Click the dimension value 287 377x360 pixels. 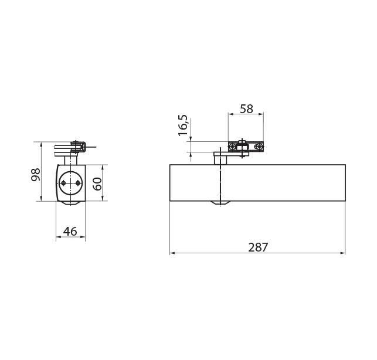pyautogui.click(x=258, y=247)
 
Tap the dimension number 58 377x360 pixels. pyautogui.click(x=246, y=108)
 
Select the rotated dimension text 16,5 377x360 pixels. pyautogui.click(x=183, y=125)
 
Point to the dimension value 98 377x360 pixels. pyautogui.click(x=36, y=175)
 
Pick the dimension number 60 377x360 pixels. pyautogui.click(x=97, y=184)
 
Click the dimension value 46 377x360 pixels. pyautogui.click(x=70, y=232)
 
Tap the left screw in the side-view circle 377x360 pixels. pyautogui.click(x=63, y=184)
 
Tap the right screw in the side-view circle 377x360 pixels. pyautogui.click(x=77, y=184)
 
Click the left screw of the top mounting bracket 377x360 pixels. pyautogui.click(x=232, y=147)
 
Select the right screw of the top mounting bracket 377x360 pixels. pyautogui.click(x=259, y=146)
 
